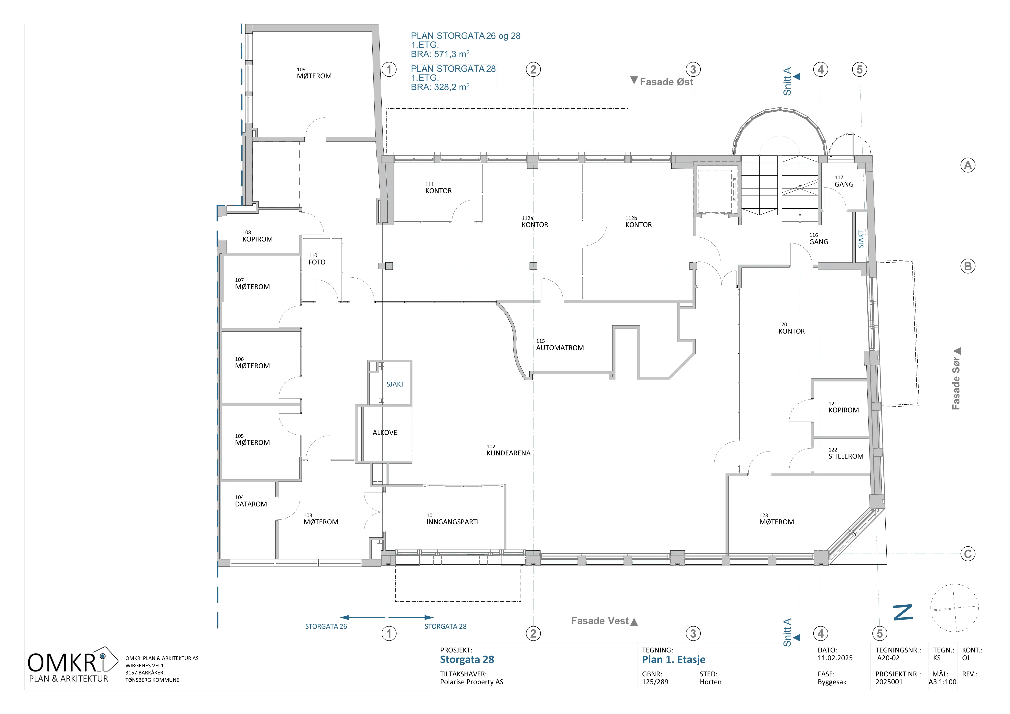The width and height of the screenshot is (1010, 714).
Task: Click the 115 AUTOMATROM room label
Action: [559, 345]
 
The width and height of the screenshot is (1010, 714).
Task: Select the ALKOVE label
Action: [385, 433]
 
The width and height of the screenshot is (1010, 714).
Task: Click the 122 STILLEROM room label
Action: [846, 453]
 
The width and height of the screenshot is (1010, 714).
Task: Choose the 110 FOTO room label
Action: [317, 259]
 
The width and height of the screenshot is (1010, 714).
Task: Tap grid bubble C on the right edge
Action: [968, 554]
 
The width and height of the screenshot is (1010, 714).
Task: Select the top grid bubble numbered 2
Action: [533, 69]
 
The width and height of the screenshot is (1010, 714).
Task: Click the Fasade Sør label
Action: [956, 383]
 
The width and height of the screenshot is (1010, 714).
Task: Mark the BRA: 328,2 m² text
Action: [440, 87]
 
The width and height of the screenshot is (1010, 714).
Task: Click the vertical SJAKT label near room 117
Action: [861, 239]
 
